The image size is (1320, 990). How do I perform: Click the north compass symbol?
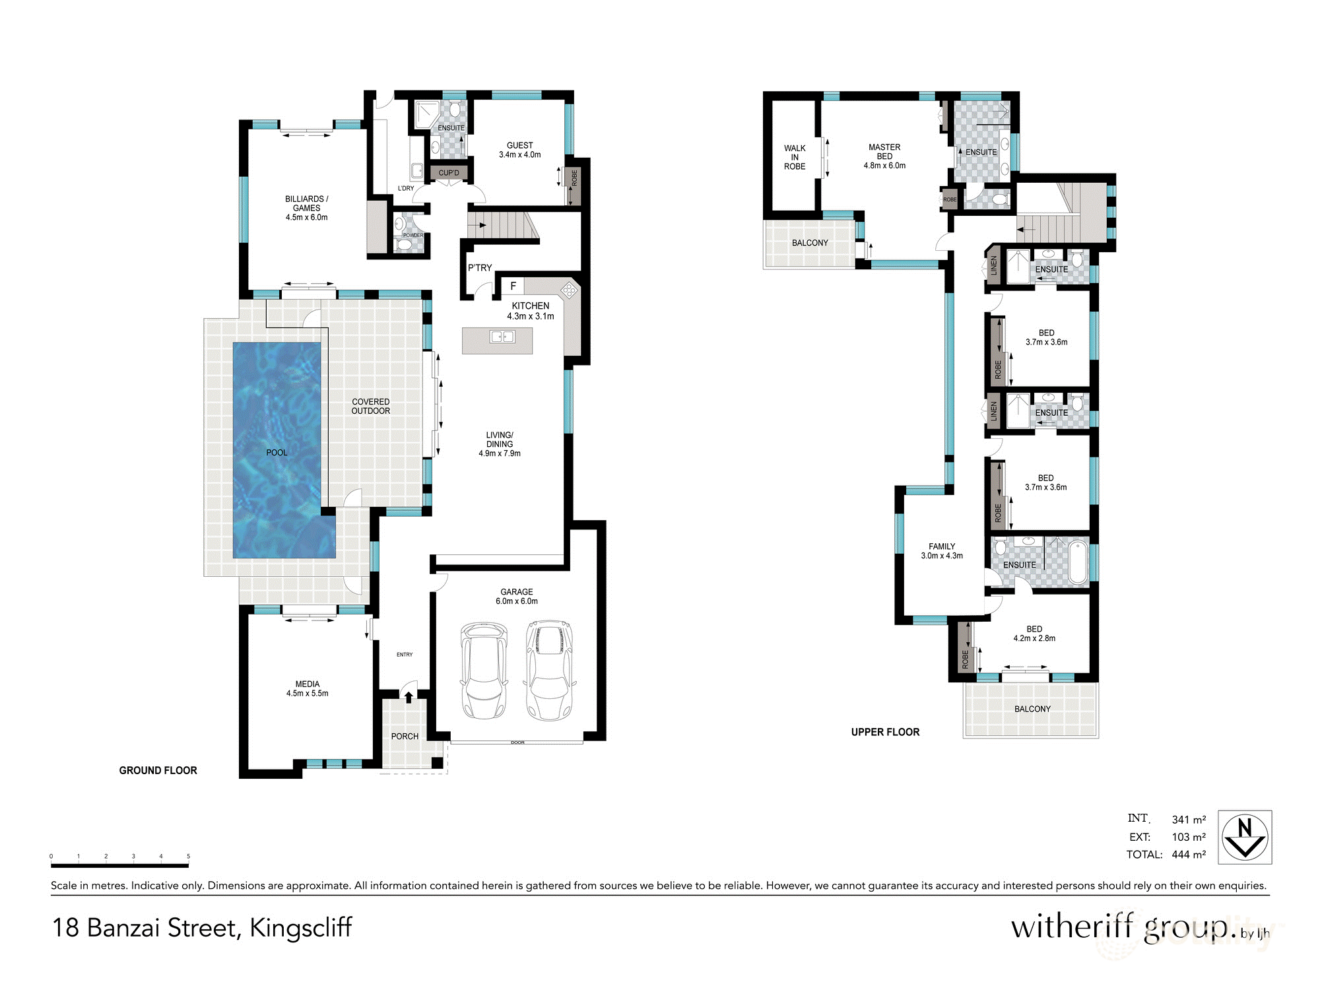click(1244, 837)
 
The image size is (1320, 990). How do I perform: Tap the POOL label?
click(277, 453)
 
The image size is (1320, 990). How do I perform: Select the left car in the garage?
click(484, 670)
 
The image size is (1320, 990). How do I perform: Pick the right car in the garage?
click(550, 670)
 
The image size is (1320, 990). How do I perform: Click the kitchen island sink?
click(502, 337)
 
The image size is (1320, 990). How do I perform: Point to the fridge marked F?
click(513, 286)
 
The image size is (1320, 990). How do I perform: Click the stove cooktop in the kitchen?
click(569, 289)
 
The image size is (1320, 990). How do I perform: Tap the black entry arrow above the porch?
click(409, 696)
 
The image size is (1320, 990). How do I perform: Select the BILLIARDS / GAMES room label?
click(306, 208)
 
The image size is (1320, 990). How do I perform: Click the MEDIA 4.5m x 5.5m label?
click(307, 688)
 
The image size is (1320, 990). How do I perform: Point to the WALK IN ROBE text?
click(795, 157)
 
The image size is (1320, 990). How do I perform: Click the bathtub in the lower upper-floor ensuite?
click(1077, 562)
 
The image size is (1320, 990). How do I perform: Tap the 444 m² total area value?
click(1189, 854)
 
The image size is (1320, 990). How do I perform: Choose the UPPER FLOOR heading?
click(885, 732)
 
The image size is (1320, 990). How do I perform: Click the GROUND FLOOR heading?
click(158, 770)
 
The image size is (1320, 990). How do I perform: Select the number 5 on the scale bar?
click(188, 856)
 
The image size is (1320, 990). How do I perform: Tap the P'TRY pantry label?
click(480, 267)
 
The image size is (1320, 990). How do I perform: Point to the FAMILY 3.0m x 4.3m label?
click(942, 551)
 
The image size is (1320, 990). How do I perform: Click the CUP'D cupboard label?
click(449, 173)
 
